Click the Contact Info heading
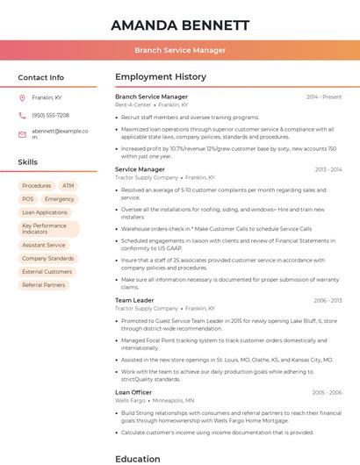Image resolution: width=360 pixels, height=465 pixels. [41, 77]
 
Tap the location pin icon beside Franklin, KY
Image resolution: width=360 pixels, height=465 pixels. [22, 97]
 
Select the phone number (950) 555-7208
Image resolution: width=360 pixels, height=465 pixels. [50, 115]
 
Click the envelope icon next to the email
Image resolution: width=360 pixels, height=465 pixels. [22, 134]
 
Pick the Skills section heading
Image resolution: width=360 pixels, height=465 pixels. [28, 162]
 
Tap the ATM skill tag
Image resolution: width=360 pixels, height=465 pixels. [68, 186]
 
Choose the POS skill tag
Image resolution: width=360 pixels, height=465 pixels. [27, 199]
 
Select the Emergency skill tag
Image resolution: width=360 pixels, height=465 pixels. [60, 199]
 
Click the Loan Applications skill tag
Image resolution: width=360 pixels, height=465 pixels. [44, 212]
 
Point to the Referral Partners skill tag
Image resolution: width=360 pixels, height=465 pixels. [43, 285]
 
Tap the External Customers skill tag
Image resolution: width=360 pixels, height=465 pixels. [47, 272]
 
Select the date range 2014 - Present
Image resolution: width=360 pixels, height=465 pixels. [324, 97]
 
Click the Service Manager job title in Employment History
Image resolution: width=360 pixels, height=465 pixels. [140, 169]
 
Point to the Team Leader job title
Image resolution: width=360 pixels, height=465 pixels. [134, 300]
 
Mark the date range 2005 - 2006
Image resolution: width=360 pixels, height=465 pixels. [327, 392]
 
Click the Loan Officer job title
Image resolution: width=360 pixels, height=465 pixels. [133, 392]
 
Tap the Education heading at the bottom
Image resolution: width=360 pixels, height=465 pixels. [138, 458]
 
